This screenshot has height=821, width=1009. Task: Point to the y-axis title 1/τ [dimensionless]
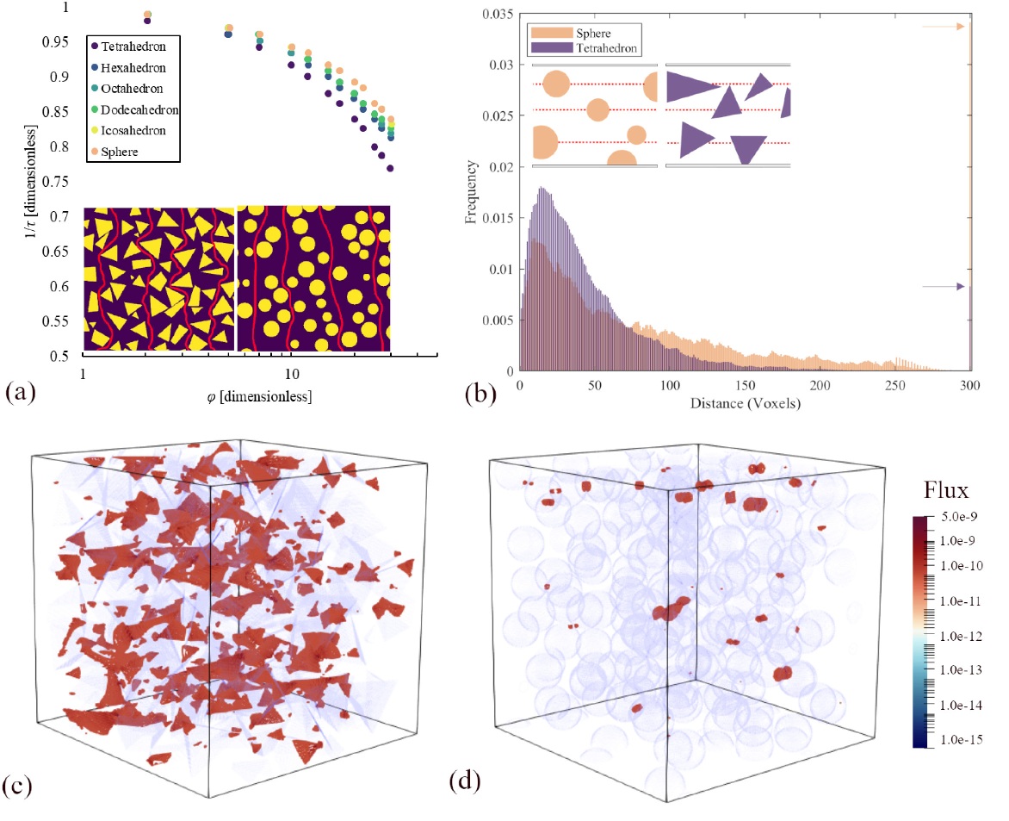[32, 181]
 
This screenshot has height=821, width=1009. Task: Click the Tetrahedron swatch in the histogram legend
[543, 48]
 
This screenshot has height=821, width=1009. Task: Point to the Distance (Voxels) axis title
[745, 402]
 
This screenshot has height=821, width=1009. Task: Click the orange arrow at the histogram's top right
[944, 27]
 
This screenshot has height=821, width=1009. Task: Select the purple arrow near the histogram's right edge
[944, 287]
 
